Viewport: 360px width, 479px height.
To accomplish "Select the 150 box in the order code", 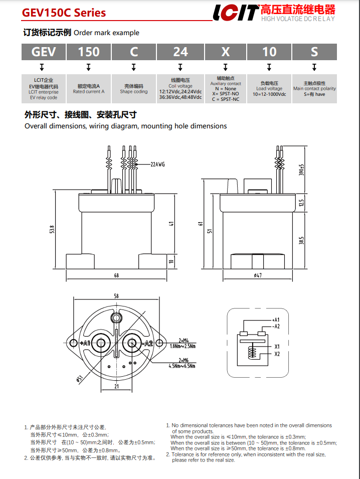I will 88,52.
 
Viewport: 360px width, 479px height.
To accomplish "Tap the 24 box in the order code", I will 181,52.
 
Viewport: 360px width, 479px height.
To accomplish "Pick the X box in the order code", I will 226,52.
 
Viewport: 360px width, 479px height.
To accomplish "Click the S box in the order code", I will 314,52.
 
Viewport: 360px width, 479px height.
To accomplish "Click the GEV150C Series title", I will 64,13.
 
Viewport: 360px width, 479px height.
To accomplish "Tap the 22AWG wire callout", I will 157,164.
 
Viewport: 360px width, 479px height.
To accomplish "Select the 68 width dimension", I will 116,275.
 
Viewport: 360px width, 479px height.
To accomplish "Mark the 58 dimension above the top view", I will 116,296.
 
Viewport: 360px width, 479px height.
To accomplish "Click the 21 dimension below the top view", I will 116,386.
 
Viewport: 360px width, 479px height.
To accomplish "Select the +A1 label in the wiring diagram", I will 275,320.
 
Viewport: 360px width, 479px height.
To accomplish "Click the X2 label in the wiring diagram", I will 277,354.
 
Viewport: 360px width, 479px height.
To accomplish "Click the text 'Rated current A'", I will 89,92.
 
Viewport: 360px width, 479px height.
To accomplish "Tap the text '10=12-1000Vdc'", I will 269,94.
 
